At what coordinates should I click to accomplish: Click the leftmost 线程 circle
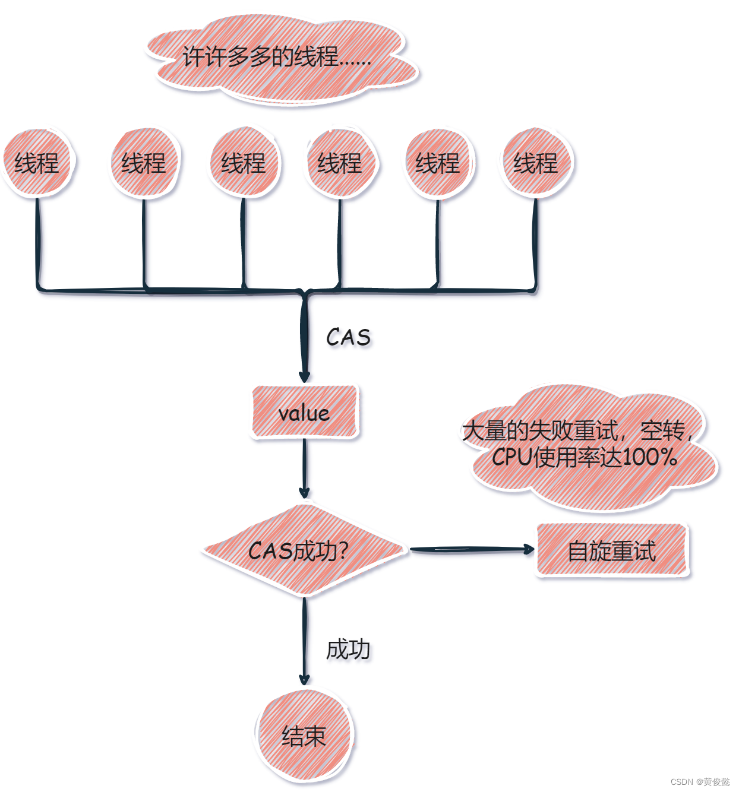[37, 163]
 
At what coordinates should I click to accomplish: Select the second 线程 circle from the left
[144, 163]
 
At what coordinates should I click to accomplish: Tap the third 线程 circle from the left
[244, 163]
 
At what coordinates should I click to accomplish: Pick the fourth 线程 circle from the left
[340, 163]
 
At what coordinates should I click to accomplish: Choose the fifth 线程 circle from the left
[438, 163]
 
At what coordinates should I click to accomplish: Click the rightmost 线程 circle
[536, 163]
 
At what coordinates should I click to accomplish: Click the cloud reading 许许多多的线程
[278, 58]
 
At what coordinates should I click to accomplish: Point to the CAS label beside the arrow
[348, 337]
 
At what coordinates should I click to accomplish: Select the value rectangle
[304, 413]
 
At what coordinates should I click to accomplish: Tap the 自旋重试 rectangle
[612, 550]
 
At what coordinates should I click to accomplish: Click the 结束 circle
[304, 736]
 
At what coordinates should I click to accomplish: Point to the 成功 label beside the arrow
[348, 649]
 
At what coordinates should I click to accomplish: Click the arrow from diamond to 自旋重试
[469, 550]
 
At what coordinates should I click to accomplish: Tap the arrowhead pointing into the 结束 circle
[304, 679]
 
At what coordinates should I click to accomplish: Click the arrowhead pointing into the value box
[304, 376]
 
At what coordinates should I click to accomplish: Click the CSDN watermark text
[700, 781]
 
